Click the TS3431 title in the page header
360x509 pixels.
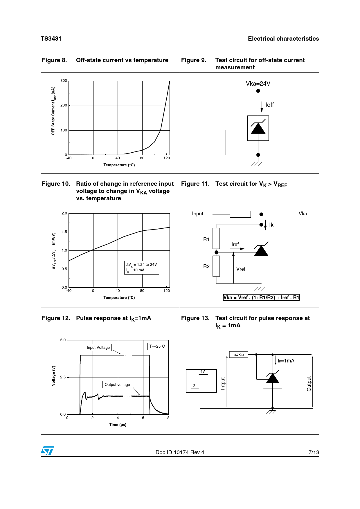coord(51,39)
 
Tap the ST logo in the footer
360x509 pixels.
coord(47,451)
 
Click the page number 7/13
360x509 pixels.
coord(314,452)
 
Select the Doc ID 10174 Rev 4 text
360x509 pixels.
coord(180,452)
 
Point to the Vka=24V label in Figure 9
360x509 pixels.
coord(258,84)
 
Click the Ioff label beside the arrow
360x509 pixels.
coord(269,105)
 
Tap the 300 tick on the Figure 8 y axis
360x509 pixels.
coord(64,81)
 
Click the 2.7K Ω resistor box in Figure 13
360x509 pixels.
coord(239,355)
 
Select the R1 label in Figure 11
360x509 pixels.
coord(206,239)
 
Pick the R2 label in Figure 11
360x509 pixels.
coord(206,266)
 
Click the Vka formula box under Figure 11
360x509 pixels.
coord(261,297)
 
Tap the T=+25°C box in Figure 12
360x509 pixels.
coord(157,346)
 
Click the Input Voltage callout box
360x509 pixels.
coord(98,347)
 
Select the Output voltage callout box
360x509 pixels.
coord(117,385)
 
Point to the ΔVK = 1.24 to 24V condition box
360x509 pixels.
coord(141,267)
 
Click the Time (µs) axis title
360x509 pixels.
coord(118,425)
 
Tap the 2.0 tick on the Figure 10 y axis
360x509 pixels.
coord(64,213)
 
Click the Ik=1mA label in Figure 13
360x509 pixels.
coord(286,361)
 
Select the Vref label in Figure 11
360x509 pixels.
coord(241,269)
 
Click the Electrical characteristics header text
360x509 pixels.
coord(283,39)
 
